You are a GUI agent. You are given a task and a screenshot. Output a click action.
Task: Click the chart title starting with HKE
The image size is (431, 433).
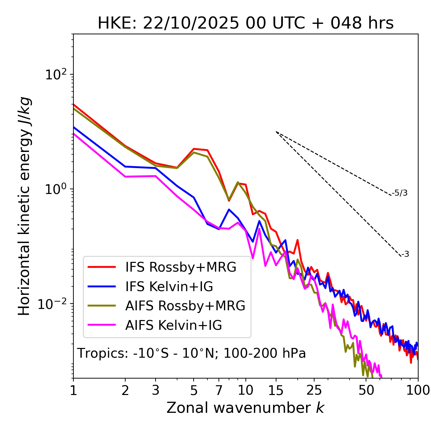tap(245, 23)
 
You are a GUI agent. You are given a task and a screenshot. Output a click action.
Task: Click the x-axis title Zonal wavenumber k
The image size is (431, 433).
tap(245, 408)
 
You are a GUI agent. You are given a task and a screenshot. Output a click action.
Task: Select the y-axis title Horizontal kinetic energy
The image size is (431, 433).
tap(25, 206)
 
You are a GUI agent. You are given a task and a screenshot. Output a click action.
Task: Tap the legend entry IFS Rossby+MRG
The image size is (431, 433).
tap(180, 267)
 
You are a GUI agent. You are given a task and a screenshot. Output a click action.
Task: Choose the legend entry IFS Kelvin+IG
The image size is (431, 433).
tap(169, 286)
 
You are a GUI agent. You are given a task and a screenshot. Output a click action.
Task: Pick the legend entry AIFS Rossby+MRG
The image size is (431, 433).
tap(185, 306)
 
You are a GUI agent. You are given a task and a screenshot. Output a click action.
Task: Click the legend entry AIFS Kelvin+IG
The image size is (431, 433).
tap(173, 325)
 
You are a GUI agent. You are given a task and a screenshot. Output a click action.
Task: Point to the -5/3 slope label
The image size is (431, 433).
tap(400, 193)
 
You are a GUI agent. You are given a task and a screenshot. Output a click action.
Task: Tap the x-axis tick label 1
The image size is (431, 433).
tap(73, 390)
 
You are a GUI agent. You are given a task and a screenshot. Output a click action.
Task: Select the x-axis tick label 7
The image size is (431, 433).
tap(219, 390)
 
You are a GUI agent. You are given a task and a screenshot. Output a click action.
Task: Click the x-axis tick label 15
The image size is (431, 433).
tap(276, 390)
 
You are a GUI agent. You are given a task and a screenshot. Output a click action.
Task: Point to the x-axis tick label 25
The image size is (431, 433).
tap(314, 390)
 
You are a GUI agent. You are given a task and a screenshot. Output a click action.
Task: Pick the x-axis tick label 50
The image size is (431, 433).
tap(366, 390)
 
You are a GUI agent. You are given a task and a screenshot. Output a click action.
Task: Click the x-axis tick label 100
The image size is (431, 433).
tap(418, 390)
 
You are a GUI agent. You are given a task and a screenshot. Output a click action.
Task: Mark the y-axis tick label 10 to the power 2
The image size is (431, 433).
tap(56, 75)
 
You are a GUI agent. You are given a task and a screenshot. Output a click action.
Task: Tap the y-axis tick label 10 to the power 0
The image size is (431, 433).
tap(56, 189)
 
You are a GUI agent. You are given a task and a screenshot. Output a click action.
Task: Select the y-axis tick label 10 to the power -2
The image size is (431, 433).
tap(54, 304)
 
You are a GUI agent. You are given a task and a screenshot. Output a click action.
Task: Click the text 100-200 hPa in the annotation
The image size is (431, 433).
tap(265, 353)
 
